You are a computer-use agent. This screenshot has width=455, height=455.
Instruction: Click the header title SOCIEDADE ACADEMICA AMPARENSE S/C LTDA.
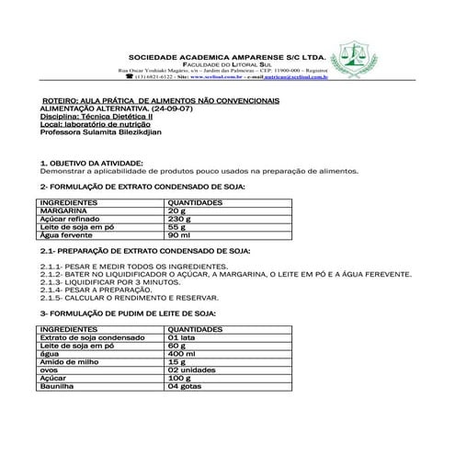(x=227, y=54)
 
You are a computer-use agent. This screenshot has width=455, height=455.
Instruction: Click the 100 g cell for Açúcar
(x=180, y=378)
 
